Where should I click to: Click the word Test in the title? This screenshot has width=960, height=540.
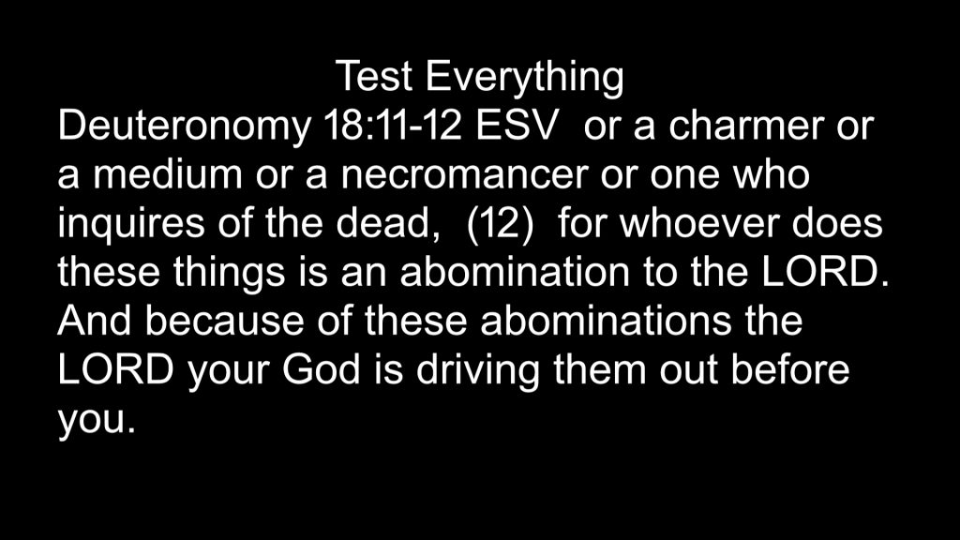pos(374,77)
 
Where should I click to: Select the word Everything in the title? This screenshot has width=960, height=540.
pos(525,79)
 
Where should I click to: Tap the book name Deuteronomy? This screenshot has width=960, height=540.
pos(184,127)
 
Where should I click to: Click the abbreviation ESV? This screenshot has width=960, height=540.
pos(517,126)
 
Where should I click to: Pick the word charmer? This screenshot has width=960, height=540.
pos(745,126)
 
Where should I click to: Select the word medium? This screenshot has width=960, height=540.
pos(168,174)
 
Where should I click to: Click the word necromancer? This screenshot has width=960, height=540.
pos(463,174)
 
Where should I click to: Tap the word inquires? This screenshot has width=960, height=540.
pos(131,226)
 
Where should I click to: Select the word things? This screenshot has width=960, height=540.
pos(229,275)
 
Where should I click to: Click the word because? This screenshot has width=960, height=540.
pos(224,322)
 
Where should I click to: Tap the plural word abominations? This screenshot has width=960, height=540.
pos(606,322)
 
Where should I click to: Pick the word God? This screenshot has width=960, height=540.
pos(321,370)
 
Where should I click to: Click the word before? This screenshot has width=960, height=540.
pos(790,370)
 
